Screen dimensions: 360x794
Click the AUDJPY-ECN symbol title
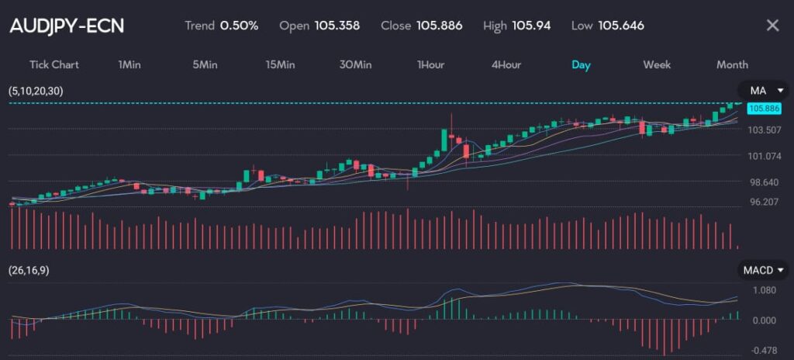pyautogui.click(x=67, y=26)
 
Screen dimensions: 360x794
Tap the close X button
pyautogui.click(x=772, y=26)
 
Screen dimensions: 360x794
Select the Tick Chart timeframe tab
pyautogui.click(x=54, y=64)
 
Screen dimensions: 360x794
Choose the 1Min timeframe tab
pyautogui.click(x=129, y=64)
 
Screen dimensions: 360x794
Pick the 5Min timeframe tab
pyautogui.click(x=205, y=64)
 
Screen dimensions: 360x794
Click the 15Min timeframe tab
pyautogui.click(x=280, y=64)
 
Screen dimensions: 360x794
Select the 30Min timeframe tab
pyautogui.click(x=355, y=64)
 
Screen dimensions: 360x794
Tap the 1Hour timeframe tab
pyautogui.click(x=430, y=64)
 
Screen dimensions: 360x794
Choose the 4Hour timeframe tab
pyautogui.click(x=506, y=64)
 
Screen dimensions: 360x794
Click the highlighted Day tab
pyautogui.click(x=581, y=64)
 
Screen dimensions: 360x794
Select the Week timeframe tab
pyautogui.click(x=657, y=64)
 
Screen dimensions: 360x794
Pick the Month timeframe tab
pyautogui.click(x=732, y=64)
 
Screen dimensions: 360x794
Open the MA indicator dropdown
pyautogui.click(x=762, y=91)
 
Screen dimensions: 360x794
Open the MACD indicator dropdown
pyautogui.click(x=762, y=270)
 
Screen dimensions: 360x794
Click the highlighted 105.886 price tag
pyautogui.click(x=763, y=109)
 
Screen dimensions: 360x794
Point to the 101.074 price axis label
pyautogui.click(x=764, y=156)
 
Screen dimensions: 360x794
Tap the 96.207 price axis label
pyautogui.click(x=764, y=202)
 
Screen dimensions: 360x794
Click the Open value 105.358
pyautogui.click(x=337, y=26)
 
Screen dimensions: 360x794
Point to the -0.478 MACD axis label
pyautogui.click(x=765, y=349)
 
